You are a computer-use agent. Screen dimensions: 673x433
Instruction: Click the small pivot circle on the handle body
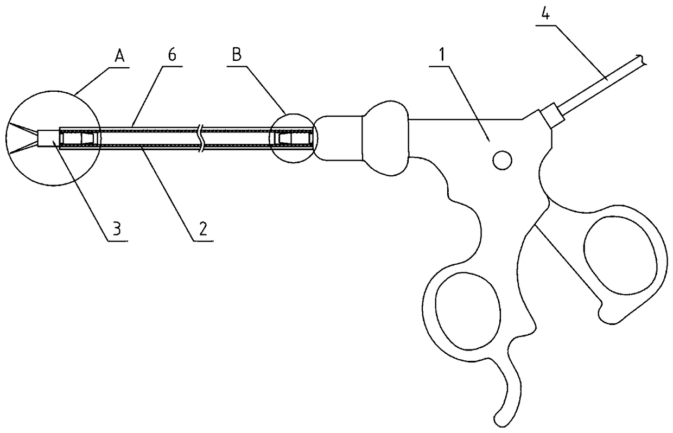point(501,160)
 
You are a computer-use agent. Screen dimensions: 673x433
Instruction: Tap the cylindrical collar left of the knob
point(338,138)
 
